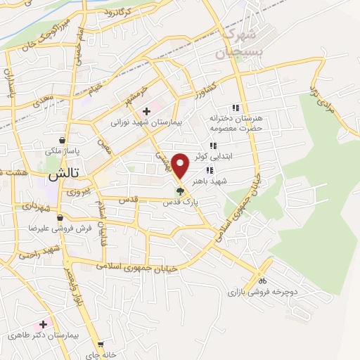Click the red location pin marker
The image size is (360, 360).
[x=181, y=165]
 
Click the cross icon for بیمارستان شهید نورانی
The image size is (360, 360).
[x=146, y=111]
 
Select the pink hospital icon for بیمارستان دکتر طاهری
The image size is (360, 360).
[x=44, y=324]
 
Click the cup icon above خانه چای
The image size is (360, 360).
[x=103, y=346]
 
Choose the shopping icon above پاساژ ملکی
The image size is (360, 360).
[x=64, y=140]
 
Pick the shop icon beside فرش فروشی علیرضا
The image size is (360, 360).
[x=60, y=218]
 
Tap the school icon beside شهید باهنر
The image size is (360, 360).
[x=209, y=170]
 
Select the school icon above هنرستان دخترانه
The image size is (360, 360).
[x=236, y=108]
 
